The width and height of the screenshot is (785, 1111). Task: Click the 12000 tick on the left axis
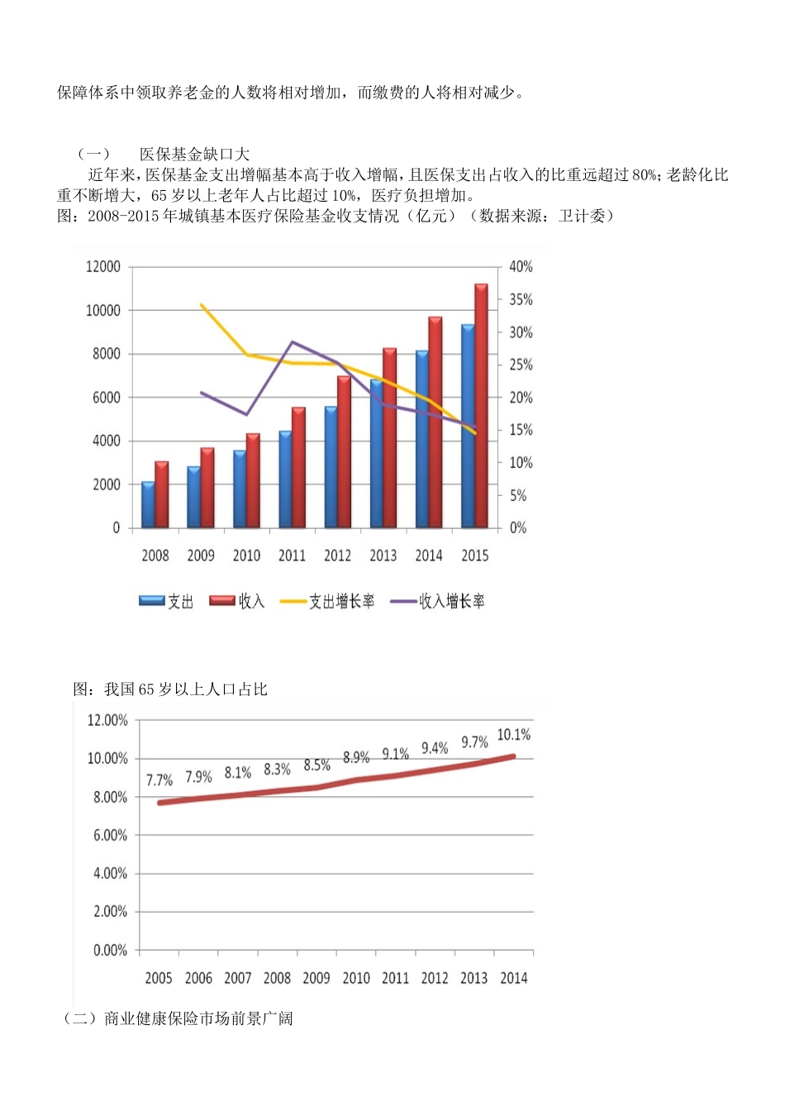(103, 267)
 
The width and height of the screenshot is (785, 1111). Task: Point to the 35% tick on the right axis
(521, 300)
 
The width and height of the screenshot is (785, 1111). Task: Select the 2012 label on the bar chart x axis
(337, 555)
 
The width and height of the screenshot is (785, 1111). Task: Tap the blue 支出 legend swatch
(152, 601)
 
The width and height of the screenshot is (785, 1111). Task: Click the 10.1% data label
(513, 735)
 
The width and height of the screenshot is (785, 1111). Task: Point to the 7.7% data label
(159, 780)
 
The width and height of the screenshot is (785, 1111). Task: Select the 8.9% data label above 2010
(356, 757)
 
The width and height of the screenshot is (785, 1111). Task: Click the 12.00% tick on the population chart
(107, 721)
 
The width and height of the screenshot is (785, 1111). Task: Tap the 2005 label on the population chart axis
(159, 978)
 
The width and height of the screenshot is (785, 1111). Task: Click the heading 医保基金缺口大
(194, 155)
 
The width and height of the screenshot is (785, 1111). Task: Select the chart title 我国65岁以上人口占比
(185, 689)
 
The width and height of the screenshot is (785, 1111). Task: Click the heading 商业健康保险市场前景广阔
(198, 1018)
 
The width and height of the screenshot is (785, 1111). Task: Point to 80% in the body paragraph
(645, 175)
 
